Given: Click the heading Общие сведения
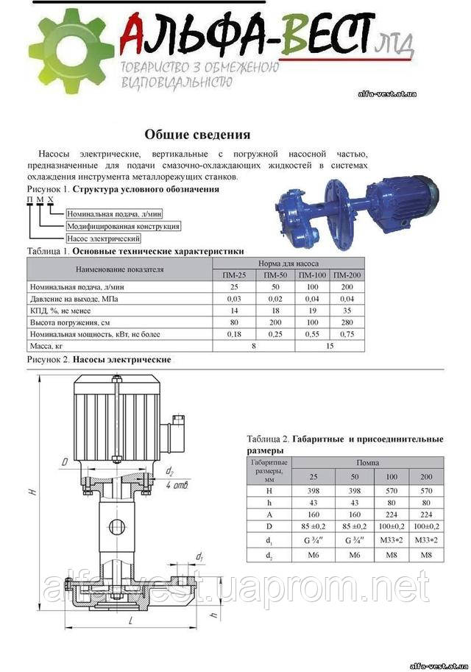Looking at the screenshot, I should tap(196, 135).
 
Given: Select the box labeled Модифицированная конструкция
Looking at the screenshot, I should tap(123, 226).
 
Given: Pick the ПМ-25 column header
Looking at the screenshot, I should tap(235, 275).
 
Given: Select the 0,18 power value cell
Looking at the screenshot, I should tap(235, 334).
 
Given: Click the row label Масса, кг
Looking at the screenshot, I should tap(45, 346).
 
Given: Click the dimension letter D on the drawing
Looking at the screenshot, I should tap(65, 463).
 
